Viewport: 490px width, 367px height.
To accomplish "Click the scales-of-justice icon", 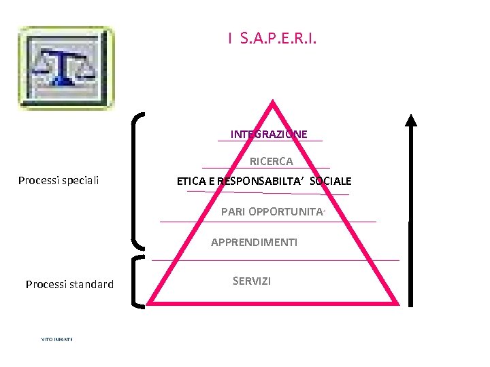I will tap(66, 68).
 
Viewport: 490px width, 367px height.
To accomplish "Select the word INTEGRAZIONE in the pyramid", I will tap(269, 134).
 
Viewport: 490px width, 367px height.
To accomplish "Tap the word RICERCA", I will tap(272, 162).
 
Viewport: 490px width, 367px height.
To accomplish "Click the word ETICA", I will tap(193, 181).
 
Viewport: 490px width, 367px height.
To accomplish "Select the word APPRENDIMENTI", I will tap(254, 242).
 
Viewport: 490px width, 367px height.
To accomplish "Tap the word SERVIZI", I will tap(251, 281).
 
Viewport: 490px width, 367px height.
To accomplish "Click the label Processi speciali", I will tap(59, 180).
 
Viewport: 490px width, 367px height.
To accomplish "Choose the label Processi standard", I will tap(69, 284).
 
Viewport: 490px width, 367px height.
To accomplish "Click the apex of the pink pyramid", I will tap(273, 104).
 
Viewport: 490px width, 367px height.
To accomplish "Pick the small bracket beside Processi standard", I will tap(137, 282).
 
